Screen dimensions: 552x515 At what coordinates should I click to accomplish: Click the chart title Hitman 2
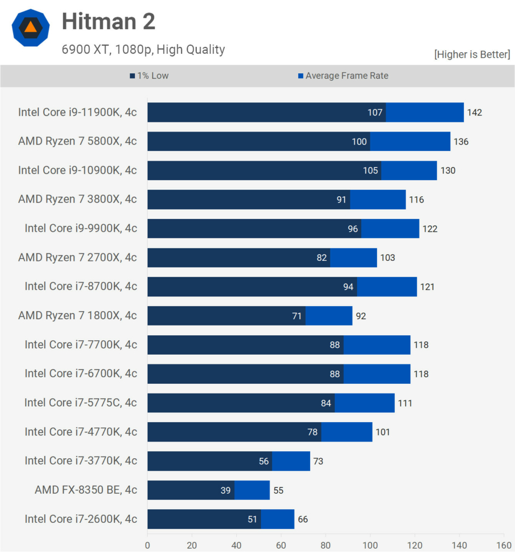[108, 22]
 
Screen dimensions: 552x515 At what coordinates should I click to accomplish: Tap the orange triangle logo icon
[31, 27]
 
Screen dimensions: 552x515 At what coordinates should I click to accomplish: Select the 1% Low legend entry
[149, 76]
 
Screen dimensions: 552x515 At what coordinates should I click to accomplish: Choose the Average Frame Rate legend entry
[343, 76]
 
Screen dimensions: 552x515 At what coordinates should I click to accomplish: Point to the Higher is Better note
[472, 54]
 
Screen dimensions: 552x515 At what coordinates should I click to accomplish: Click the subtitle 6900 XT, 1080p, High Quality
[143, 50]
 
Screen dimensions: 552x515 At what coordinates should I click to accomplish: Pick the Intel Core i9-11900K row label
[78, 112]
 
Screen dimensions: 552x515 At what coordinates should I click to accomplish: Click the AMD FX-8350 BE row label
[86, 490]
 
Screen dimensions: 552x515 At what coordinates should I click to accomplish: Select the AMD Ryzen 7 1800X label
[78, 315]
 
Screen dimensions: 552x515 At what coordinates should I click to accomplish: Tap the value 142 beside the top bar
[475, 113]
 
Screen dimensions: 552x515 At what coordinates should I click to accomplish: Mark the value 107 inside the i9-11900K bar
[375, 113]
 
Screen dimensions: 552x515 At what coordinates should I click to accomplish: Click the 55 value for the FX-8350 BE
[278, 491]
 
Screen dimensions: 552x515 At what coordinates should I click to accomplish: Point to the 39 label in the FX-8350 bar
[225, 491]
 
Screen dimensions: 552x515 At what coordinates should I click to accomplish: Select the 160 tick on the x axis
[504, 545]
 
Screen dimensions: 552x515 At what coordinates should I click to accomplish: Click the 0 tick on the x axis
[147, 545]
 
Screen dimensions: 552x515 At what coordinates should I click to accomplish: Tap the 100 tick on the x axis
[370, 545]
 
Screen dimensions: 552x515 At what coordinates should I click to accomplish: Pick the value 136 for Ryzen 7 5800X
[461, 142]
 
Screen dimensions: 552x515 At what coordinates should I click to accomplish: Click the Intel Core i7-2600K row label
[81, 519]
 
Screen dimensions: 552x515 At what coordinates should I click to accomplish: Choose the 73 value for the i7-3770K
[318, 461]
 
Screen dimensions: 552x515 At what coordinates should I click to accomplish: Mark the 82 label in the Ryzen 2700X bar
[322, 258]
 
